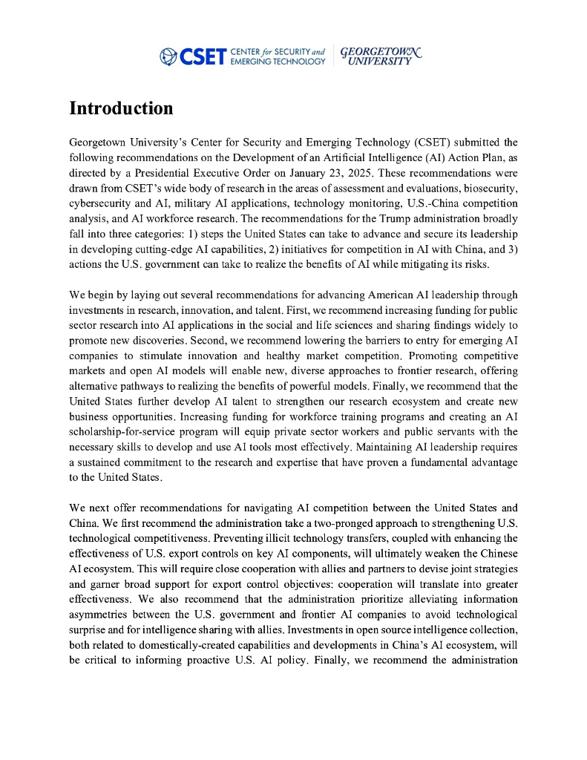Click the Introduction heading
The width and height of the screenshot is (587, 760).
click(x=121, y=108)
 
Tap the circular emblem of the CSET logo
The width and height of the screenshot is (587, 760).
click(x=168, y=56)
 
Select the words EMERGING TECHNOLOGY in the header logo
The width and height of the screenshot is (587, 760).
click(x=278, y=61)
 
